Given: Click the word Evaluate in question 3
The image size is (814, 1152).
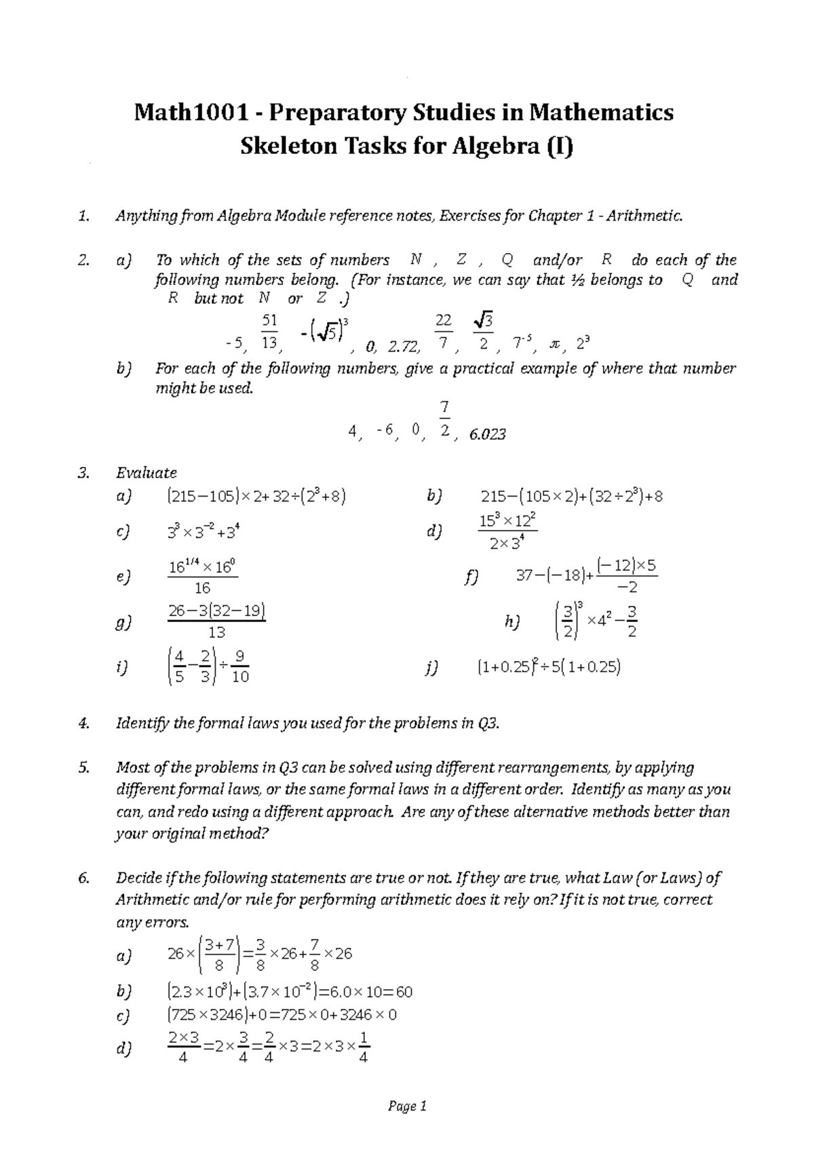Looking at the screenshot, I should [x=147, y=472].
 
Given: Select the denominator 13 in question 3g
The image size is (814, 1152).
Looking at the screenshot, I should [x=216, y=632].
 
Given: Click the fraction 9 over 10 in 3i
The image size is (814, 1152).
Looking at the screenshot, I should [x=240, y=667].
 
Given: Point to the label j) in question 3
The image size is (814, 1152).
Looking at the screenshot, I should [x=432, y=668].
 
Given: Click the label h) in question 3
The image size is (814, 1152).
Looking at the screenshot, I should [x=512, y=622].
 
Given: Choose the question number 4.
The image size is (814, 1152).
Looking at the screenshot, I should [x=83, y=723].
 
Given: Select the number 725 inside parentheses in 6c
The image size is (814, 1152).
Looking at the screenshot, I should [x=182, y=1015].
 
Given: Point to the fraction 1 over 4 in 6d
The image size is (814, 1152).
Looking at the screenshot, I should [x=363, y=1048].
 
